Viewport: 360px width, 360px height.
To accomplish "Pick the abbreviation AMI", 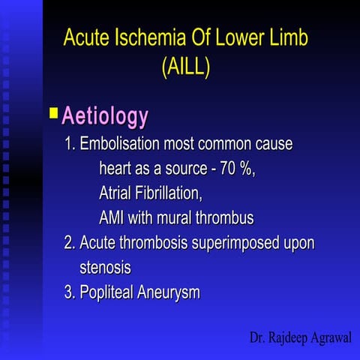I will point(112,219).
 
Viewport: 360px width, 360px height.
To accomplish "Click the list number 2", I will point(68,243).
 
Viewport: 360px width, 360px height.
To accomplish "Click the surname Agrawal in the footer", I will point(325,337).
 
